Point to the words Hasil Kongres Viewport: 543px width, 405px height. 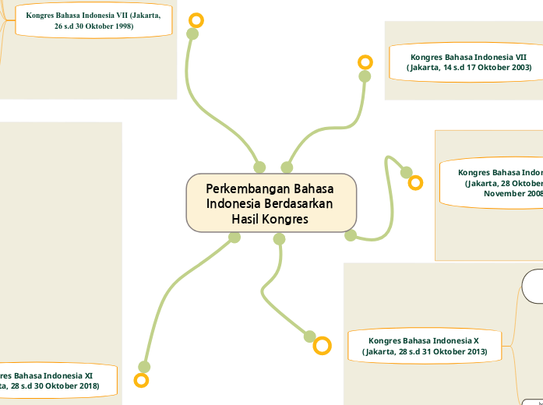pyautogui.click(x=270, y=219)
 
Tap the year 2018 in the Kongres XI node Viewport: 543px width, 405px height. pyautogui.click(x=86, y=386)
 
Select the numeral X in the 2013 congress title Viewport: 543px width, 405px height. pyautogui.click(x=476, y=341)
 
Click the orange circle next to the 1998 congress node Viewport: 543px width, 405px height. pyautogui.click(x=196, y=20)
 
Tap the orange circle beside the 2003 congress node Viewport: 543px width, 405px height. pyautogui.click(x=365, y=62)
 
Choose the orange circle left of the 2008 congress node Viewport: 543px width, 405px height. pyautogui.click(x=416, y=183)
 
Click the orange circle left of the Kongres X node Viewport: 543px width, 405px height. pyautogui.click(x=322, y=345)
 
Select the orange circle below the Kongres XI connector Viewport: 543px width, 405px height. pyautogui.click(x=141, y=380)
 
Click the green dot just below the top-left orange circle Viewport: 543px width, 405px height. pyautogui.click(x=192, y=33)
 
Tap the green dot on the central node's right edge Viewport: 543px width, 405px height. pyautogui.click(x=351, y=235)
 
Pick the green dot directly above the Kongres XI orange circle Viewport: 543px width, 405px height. pyautogui.click(x=144, y=367)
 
